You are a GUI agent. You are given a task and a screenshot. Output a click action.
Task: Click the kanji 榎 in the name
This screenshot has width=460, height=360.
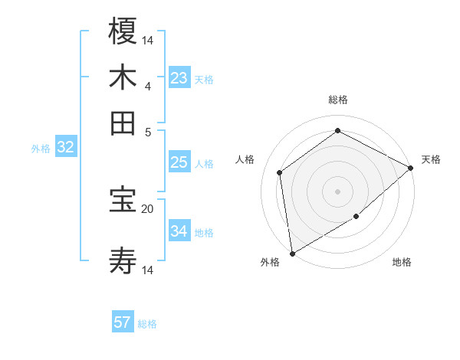coord(123,31)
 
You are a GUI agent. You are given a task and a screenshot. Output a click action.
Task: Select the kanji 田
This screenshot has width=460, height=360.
coord(123,123)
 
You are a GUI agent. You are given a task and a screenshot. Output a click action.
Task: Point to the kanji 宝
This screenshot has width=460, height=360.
coord(123,200)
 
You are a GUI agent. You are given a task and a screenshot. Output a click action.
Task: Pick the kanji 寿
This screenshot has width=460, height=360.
coord(123,261)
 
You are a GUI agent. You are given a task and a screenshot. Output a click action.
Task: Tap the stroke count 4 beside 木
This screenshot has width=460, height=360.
coord(148,86)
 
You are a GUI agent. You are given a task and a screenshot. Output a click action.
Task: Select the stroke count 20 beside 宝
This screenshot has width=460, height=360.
coord(148,208)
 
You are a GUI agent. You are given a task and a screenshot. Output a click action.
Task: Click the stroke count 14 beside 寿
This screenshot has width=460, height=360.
coord(148,270)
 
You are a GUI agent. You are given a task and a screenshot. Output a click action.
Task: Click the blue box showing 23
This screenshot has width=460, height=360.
coord(179,78)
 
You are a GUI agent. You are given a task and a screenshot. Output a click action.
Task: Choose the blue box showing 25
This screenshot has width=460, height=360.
coord(179,162)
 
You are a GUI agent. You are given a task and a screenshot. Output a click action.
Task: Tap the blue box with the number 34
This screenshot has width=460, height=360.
coord(179,231)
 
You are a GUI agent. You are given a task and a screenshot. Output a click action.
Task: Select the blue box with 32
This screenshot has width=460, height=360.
coord(65,148)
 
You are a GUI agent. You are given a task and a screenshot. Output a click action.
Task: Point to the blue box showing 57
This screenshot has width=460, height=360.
coord(123,322)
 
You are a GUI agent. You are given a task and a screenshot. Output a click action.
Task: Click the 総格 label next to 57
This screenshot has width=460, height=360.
coord(147,324)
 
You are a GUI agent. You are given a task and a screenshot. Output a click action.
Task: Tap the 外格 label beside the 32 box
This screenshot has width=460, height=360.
coord(40,149)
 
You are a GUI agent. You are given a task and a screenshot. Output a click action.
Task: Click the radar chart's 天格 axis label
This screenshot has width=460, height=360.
coord(431,159)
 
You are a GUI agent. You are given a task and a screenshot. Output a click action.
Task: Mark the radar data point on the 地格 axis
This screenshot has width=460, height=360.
coord(356,217)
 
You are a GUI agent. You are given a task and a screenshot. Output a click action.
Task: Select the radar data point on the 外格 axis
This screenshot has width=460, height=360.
coord(291,253)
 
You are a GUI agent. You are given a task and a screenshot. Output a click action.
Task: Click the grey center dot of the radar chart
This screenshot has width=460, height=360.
coord(337,191)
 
